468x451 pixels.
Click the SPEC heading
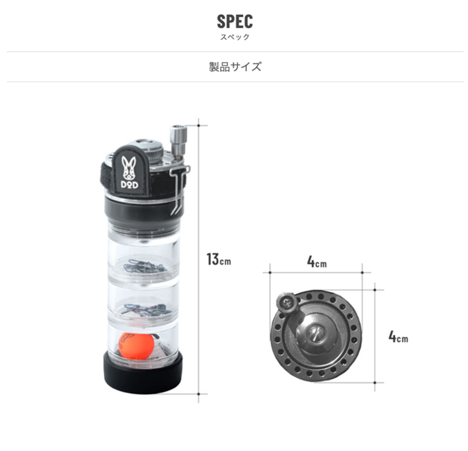click(x=234, y=21)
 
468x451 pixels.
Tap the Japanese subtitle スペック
click(x=234, y=37)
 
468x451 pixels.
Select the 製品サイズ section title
click(x=235, y=67)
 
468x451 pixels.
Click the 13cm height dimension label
click(x=218, y=259)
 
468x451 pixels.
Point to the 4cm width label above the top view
click(x=317, y=262)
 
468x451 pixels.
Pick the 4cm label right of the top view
click(x=398, y=337)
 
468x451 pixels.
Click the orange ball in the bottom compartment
click(x=136, y=346)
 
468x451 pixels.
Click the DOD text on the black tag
click(x=129, y=185)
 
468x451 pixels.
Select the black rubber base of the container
click(x=143, y=373)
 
